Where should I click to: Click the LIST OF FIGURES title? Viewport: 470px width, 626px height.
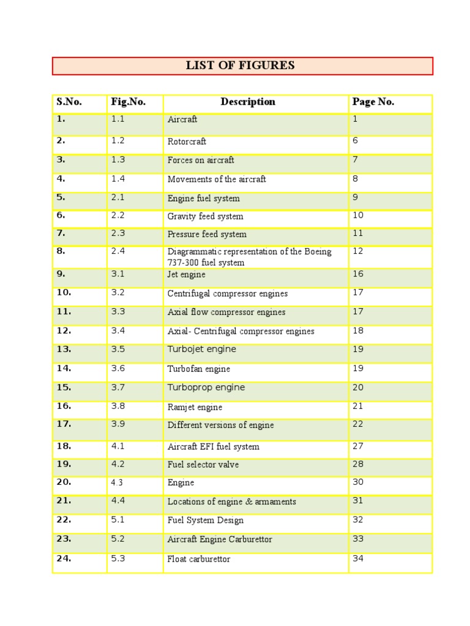tap(240, 65)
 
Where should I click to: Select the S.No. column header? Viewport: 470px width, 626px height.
tap(69, 102)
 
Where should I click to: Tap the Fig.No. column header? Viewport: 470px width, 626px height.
tap(128, 102)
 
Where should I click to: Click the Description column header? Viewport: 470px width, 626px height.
tap(248, 102)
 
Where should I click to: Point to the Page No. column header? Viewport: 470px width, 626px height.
tap(373, 102)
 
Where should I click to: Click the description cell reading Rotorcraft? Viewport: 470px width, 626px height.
tap(187, 141)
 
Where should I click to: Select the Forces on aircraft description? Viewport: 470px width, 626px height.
tap(201, 160)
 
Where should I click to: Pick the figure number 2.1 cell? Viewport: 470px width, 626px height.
tap(118, 197)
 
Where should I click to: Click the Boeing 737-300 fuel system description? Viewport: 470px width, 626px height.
tap(249, 257)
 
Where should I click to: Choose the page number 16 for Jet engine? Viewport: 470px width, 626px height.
tap(358, 274)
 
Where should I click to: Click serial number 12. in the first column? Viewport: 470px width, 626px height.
tap(64, 331)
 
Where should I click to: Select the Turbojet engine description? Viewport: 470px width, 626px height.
tap(201, 349)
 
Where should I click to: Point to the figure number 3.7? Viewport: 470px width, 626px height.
tap(118, 387)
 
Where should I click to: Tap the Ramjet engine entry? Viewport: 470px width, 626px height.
tap(195, 407)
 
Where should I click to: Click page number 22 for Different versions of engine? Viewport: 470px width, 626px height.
tap(358, 424)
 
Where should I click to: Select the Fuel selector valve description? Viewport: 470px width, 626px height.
tap(203, 465)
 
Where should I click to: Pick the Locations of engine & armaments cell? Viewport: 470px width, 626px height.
tap(231, 502)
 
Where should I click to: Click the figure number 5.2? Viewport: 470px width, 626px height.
tap(118, 539)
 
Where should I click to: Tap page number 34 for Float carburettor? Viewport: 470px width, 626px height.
tap(358, 559)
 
